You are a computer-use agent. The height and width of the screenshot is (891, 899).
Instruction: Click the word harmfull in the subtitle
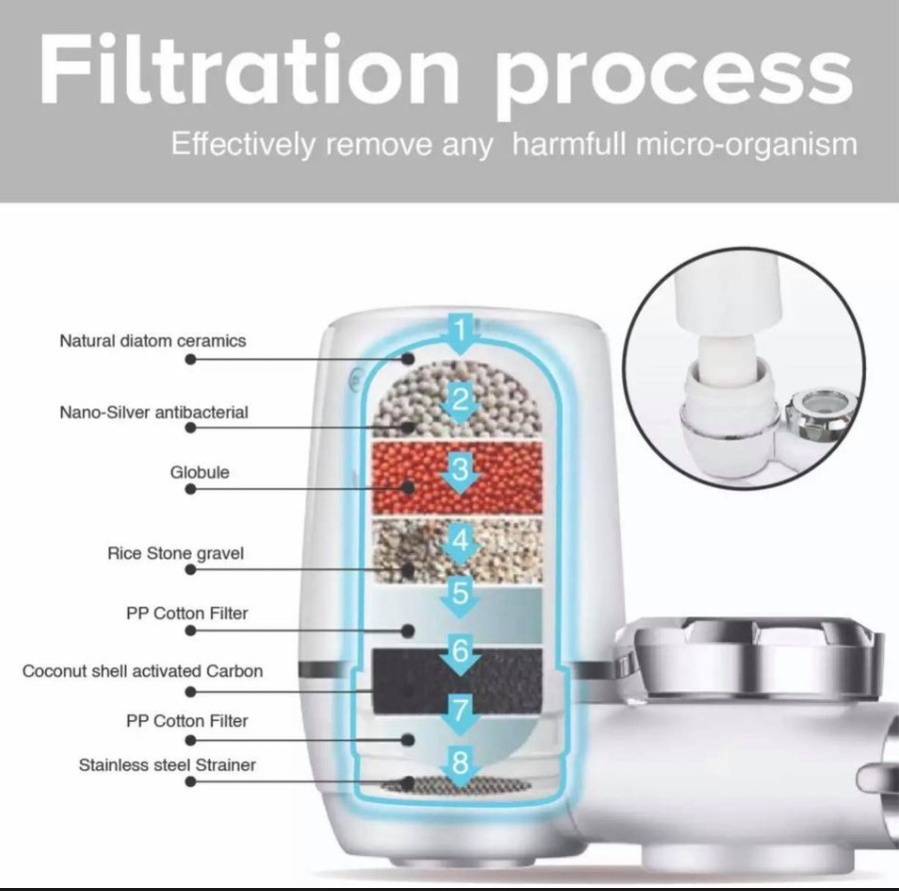569,144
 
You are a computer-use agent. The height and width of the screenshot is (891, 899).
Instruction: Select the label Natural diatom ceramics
153,341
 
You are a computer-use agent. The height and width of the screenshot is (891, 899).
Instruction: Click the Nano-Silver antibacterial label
154,413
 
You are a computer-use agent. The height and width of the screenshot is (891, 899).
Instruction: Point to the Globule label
200,472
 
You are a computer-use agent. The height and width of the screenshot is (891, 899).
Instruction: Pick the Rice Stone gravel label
176,553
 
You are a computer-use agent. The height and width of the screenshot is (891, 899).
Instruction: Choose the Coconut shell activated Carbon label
142,671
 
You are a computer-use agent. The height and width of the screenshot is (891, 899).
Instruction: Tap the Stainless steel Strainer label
167,765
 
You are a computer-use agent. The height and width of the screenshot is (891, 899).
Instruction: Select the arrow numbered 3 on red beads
460,472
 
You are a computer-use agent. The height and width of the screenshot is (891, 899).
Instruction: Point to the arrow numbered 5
460,596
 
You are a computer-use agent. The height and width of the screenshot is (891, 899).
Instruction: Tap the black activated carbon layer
456,680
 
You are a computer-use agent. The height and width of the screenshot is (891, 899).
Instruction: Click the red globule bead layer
456,477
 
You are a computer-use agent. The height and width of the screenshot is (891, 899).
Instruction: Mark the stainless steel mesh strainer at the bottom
456,784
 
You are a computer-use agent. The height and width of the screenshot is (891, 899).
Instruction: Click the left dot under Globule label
191,489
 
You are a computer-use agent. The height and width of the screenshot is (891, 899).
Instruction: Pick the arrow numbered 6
460,654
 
